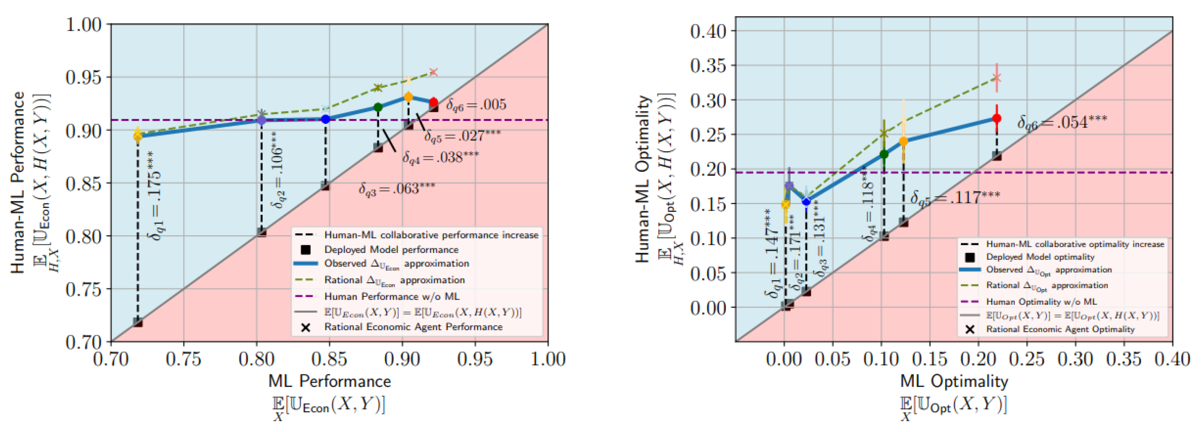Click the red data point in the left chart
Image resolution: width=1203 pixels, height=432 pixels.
point(433,102)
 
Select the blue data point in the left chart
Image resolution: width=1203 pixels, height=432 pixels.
point(325,119)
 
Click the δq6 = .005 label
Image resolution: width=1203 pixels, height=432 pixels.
point(476,105)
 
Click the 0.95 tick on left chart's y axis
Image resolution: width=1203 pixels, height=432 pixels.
point(84,77)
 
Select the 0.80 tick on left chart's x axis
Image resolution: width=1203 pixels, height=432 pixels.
point(257,360)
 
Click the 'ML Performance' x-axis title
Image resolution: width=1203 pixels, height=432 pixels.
point(329,381)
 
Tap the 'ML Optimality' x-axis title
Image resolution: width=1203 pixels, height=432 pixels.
point(953,381)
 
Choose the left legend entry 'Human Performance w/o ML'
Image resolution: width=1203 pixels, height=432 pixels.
point(391,297)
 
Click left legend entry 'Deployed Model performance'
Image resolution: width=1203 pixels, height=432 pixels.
point(391,250)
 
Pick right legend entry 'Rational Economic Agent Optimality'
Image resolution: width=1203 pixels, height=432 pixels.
point(1059,329)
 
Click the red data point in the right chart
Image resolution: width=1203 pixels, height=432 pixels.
point(996,119)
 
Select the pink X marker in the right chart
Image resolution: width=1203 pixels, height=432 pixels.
point(996,77)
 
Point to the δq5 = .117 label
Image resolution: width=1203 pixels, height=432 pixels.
point(955,198)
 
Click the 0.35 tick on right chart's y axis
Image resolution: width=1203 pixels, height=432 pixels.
point(708,65)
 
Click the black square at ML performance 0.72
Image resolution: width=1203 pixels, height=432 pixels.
point(138,322)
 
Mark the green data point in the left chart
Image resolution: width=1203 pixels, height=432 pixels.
point(378,107)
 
